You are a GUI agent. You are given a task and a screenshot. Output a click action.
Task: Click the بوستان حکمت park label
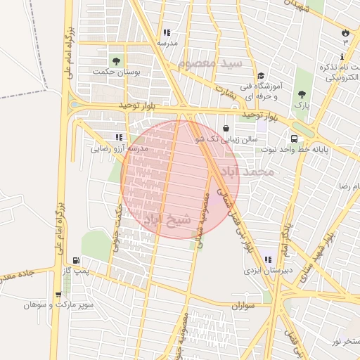pyautogui.click(x=117, y=72)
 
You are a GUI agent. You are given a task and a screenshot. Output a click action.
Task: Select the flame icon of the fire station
pyautogui.click(x=345, y=33)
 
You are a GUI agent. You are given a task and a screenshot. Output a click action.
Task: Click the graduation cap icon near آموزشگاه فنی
pyautogui.click(x=260, y=76)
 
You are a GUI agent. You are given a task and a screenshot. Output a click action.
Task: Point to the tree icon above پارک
pyautogui.click(x=302, y=94)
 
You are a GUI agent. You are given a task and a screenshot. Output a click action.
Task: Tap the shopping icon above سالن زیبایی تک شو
pyautogui.click(x=225, y=128)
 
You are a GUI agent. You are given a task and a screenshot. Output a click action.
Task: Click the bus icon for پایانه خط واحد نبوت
pyautogui.click(x=293, y=139)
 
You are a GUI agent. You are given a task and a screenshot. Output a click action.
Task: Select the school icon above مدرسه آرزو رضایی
pyautogui.click(x=119, y=137)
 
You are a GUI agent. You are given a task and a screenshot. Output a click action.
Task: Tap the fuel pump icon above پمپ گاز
pyautogui.click(x=76, y=259)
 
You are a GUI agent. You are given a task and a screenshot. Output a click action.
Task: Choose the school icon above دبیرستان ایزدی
pyautogui.click(x=266, y=259)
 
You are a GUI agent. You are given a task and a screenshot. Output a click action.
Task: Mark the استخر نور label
pyautogui.click(x=345, y=341)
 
